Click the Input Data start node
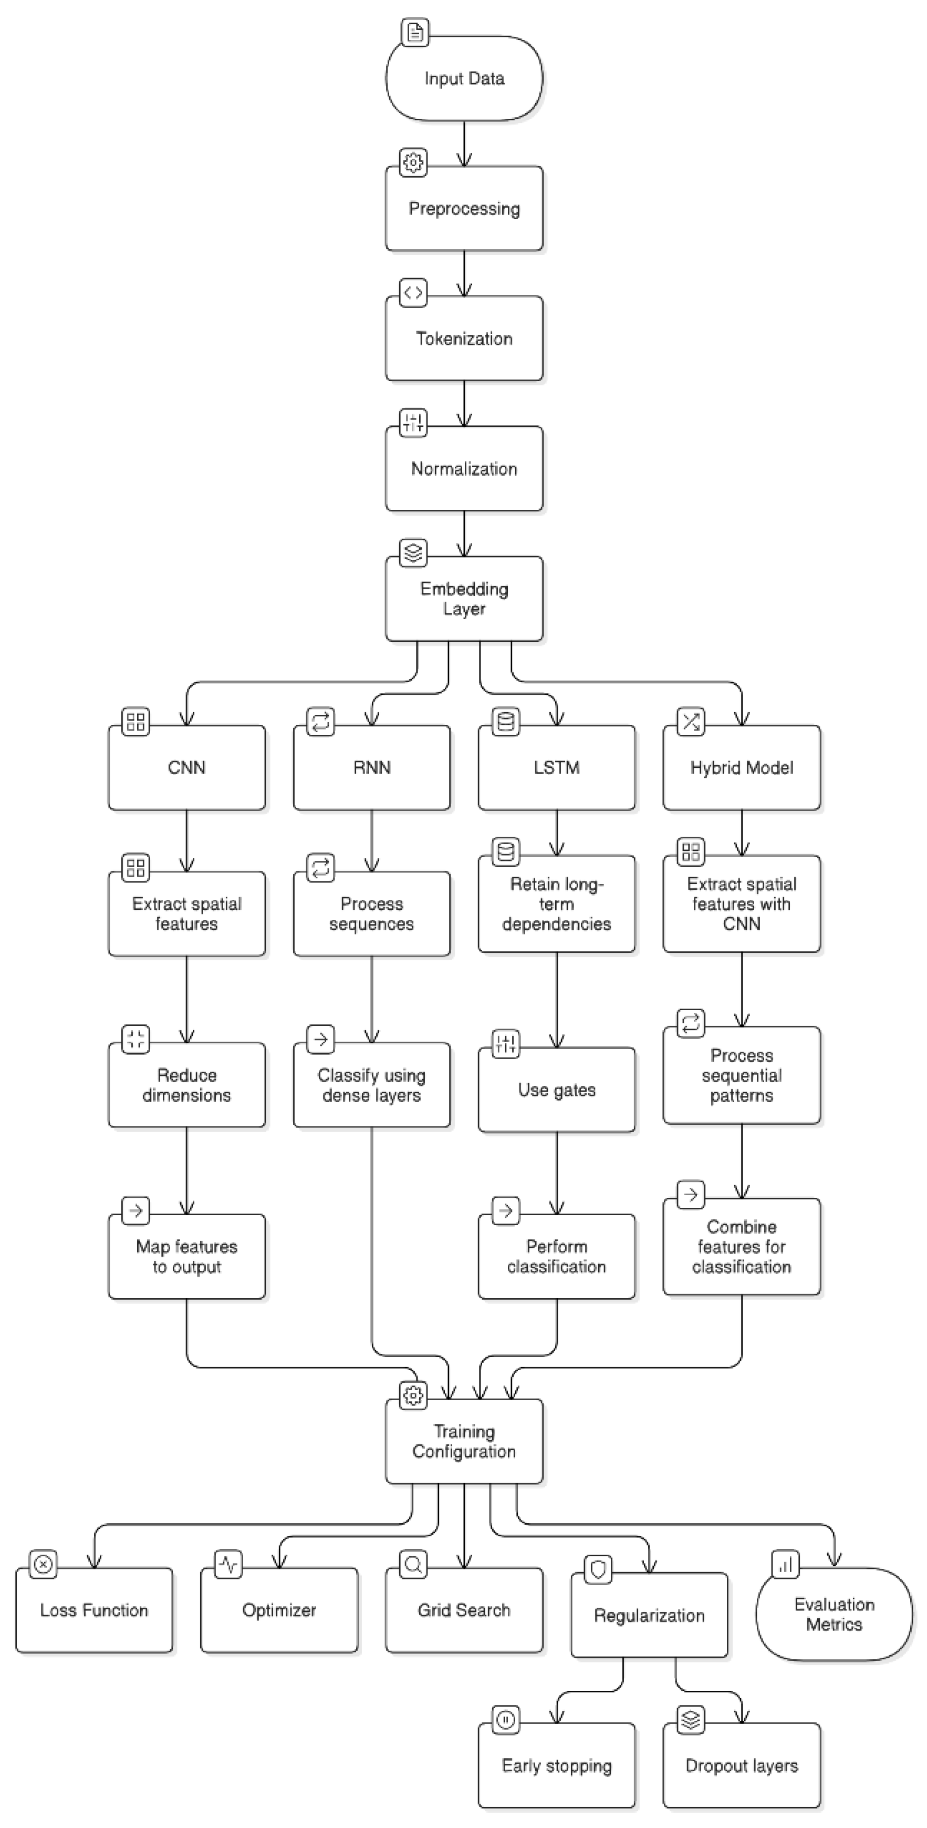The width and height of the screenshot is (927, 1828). (464, 78)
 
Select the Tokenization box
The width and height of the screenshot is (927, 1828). (464, 338)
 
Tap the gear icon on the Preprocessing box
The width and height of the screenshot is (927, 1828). (413, 162)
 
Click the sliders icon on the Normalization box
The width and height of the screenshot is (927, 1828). (413, 422)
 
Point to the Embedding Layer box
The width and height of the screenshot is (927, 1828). (464, 598)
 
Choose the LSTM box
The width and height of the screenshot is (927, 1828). (556, 767)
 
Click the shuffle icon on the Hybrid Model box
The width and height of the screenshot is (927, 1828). (690, 722)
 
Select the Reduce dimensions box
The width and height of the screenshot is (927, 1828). (186, 1085)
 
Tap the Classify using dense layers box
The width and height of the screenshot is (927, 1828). (372, 1085)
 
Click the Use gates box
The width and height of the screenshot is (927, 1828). (556, 1090)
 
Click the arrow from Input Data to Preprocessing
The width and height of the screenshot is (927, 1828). (464, 143)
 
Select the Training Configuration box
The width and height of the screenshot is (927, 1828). (464, 1441)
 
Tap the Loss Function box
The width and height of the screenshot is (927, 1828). (93, 1610)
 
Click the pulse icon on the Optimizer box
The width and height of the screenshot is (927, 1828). (228, 1565)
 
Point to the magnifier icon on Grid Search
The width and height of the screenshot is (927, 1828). (413, 1565)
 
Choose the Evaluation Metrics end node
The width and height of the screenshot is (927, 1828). (834, 1615)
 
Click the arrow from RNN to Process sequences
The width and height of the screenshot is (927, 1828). (372, 841)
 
